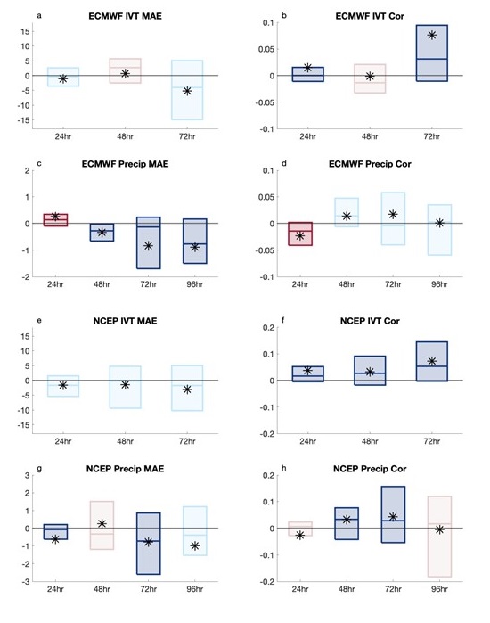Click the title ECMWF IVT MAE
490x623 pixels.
point(125,16)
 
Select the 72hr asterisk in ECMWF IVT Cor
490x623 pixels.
point(432,35)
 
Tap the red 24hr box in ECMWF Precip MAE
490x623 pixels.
point(55,220)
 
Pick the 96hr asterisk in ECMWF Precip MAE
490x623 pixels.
point(194,247)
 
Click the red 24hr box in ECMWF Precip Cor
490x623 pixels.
point(300,234)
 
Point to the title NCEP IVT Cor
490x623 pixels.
point(370,321)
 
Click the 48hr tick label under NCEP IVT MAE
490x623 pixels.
point(125,441)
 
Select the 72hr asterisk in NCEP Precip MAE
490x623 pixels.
point(148,542)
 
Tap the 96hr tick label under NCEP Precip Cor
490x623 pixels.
point(439,589)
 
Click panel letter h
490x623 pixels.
point(283,468)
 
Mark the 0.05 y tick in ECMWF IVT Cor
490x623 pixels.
point(266,49)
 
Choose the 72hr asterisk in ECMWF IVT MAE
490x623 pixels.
point(187,91)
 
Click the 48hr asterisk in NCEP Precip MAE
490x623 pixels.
point(102,524)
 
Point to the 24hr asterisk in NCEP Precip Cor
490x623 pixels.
point(300,535)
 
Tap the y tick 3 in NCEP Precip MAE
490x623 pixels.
point(27,475)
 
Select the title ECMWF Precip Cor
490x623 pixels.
point(370,164)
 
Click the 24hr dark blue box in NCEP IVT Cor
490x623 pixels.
point(308,373)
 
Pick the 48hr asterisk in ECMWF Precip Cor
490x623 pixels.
point(347,217)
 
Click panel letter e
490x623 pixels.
point(39,321)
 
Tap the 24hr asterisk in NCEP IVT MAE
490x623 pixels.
point(63,385)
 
